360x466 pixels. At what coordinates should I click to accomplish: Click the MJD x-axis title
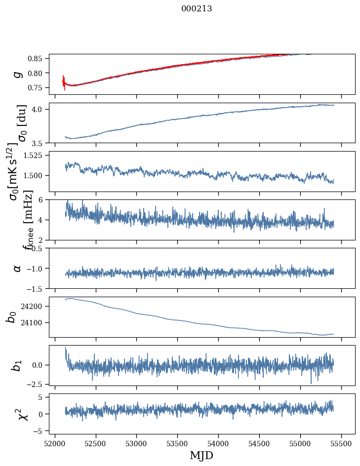point(201,455)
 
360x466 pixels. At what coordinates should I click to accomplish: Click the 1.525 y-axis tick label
point(35,155)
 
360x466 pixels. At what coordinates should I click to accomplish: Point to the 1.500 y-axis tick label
point(35,176)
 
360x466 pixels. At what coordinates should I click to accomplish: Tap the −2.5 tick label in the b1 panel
point(36,383)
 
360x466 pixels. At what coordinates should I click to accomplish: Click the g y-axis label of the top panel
point(18,74)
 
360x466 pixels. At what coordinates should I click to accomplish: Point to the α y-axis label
point(18,268)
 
